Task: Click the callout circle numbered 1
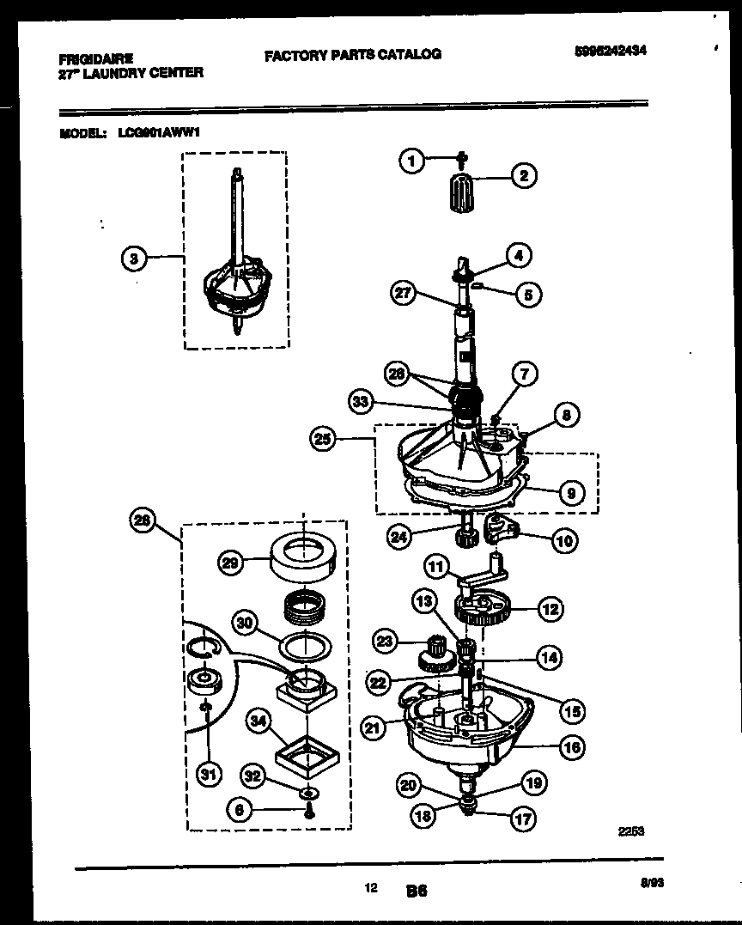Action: tap(413, 161)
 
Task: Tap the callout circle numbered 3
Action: tap(133, 257)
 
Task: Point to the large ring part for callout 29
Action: tap(303, 559)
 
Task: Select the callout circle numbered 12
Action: tap(550, 609)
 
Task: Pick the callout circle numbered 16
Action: tap(572, 747)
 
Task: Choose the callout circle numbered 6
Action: tap(244, 809)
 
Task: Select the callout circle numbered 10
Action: tap(564, 540)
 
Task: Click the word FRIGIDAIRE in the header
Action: tap(95, 59)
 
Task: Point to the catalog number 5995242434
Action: tap(610, 51)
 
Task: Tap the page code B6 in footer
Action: tap(417, 892)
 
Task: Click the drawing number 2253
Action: tap(631, 831)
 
